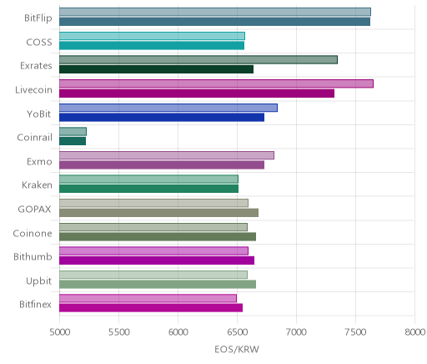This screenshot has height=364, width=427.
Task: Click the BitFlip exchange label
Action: pyautogui.click(x=38, y=18)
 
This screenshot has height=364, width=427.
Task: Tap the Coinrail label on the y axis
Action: pyautogui.click(x=34, y=138)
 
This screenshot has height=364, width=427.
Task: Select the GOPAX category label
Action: pyautogui.click(x=34, y=209)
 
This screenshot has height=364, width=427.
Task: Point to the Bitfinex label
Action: pyautogui.click(x=35, y=304)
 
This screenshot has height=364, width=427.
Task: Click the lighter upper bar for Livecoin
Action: pyautogui.click(x=216, y=83)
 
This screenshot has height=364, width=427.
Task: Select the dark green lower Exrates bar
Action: pyautogui.click(x=156, y=69)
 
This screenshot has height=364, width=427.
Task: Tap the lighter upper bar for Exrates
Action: pyautogui.click(x=198, y=60)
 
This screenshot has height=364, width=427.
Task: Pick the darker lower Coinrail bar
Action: pyautogui.click(x=73, y=141)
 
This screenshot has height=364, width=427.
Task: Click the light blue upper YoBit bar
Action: pyautogui.click(x=168, y=108)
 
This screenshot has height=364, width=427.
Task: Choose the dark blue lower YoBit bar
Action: pyautogui.click(x=162, y=118)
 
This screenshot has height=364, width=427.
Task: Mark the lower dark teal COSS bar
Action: pyautogui.click(x=152, y=46)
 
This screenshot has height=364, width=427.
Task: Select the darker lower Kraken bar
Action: pyautogui.click(x=148, y=189)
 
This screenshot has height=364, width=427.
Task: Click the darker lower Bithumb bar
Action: pyautogui.click(x=157, y=260)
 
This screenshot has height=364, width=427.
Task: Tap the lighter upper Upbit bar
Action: pyautogui.click(x=153, y=275)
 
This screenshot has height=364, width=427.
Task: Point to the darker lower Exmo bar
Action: pyautogui.click(x=162, y=165)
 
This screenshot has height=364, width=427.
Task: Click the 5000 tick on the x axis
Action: pyautogui.click(x=60, y=332)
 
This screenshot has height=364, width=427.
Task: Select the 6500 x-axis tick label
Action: pyautogui.click(x=237, y=332)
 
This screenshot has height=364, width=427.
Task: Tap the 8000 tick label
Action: pyautogui.click(x=415, y=332)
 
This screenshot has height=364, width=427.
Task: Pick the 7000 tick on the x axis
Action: pyautogui.click(x=296, y=332)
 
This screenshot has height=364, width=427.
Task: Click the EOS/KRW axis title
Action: pyautogui.click(x=237, y=349)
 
